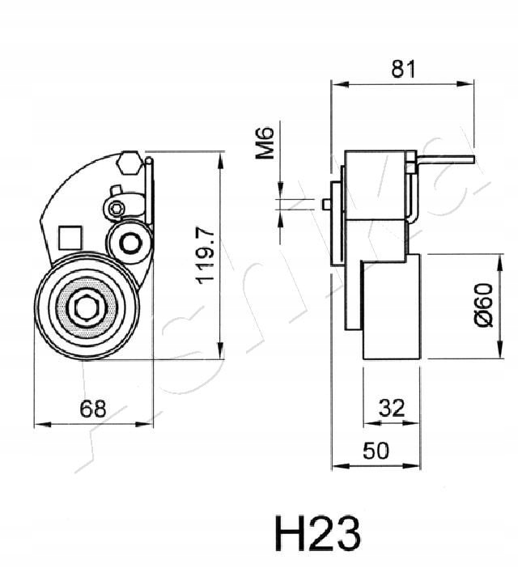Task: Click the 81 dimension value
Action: (x=402, y=70)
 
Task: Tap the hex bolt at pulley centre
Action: (x=87, y=308)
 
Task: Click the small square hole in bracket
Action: (x=70, y=237)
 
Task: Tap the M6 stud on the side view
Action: (x=327, y=204)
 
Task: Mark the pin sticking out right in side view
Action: (x=444, y=162)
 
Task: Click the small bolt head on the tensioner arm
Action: (x=117, y=209)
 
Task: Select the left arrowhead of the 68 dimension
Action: (x=39, y=423)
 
